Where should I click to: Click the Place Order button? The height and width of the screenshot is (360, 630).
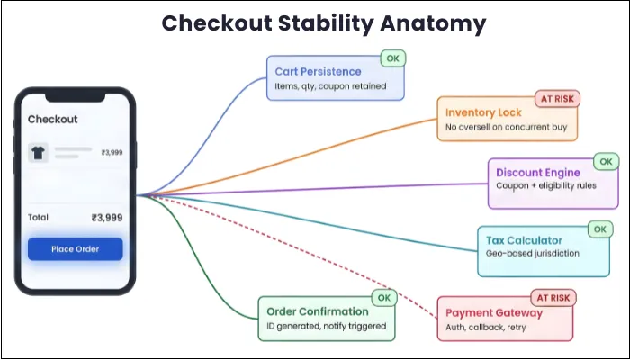pyautogui.click(x=75, y=248)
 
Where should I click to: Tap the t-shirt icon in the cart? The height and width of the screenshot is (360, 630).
pyautogui.click(x=38, y=153)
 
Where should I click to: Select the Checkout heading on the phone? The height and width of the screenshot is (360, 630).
pyautogui.click(x=53, y=119)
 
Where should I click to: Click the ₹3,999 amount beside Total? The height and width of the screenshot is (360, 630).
pyautogui.click(x=106, y=218)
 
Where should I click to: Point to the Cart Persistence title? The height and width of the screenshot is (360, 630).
pyautogui.click(x=318, y=72)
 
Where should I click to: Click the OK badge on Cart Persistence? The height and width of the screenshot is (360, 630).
pyautogui.click(x=392, y=58)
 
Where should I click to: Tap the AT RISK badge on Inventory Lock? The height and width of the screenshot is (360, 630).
pyautogui.click(x=557, y=98)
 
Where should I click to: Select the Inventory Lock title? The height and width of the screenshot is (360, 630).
pyautogui.click(x=484, y=113)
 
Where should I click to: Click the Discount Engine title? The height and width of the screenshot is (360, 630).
pyautogui.click(x=538, y=173)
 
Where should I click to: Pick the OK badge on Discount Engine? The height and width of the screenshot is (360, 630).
pyautogui.click(x=607, y=162)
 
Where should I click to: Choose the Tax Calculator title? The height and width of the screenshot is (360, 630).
pyautogui.click(x=524, y=240)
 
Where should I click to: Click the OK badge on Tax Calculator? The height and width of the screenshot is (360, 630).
pyautogui.click(x=599, y=229)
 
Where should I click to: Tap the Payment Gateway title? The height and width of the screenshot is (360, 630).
pyautogui.click(x=494, y=313)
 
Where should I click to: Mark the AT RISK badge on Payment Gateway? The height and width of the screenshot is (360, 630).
pyautogui.click(x=554, y=297)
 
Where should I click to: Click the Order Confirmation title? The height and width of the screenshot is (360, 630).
pyautogui.click(x=319, y=311)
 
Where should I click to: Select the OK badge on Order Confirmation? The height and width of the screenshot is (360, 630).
pyautogui.click(x=383, y=297)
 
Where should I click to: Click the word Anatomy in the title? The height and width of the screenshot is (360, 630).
pyautogui.click(x=421, y=23)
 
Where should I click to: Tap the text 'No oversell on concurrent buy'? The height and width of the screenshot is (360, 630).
pyautogui.click(x=506, y=128)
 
